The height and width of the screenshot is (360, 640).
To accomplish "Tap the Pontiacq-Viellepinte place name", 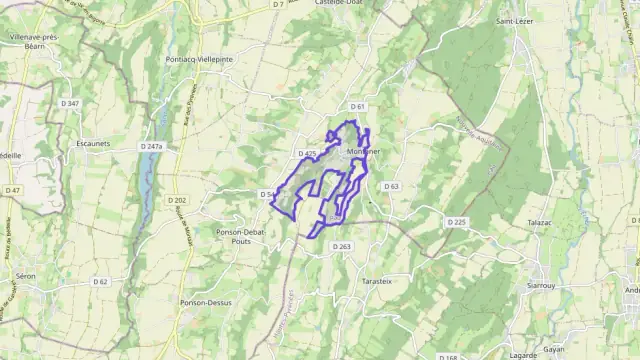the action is tap(199, 59).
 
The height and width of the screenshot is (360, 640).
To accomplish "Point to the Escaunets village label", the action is tap(93, 143).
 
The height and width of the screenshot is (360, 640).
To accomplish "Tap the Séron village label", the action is tap(25, 276).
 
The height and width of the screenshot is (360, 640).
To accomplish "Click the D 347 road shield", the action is tap(67, 104).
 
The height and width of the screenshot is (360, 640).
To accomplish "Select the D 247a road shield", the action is tap(151, 146).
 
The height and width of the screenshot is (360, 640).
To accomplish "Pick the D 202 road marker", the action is tap(177, 200).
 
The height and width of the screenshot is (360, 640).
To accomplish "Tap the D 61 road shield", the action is tap(359, 106).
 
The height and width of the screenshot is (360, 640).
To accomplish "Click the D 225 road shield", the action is tap(457, 221).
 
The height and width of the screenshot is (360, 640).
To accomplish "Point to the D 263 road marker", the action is tap(342, 246).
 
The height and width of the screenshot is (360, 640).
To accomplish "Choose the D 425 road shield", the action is tap(307, 153).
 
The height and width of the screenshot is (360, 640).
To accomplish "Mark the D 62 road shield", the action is tap(100, 282).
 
